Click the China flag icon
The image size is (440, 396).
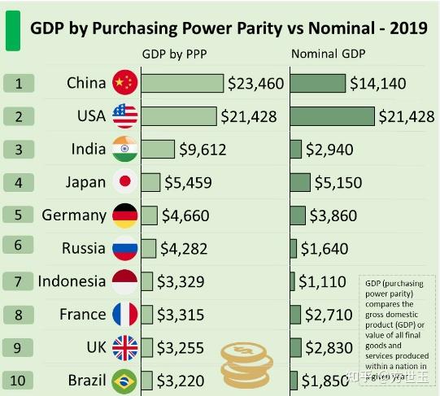point(125,83)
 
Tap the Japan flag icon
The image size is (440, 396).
point(125,182)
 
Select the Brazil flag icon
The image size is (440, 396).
point(124,381)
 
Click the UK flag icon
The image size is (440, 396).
point(124,347)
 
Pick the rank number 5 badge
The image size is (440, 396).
point(18,215)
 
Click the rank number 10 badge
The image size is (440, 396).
point(18,381)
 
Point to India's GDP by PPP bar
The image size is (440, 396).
point(158,150)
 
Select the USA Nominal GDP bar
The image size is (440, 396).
point(333,116)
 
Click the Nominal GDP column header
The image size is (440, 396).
point(329,55)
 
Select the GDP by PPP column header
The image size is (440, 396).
point(175,55)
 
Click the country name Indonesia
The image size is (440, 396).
point(72,281)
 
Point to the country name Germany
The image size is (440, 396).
point(73,215)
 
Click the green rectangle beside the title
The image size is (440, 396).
point(12,29)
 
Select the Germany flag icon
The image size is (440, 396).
point(124,215)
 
